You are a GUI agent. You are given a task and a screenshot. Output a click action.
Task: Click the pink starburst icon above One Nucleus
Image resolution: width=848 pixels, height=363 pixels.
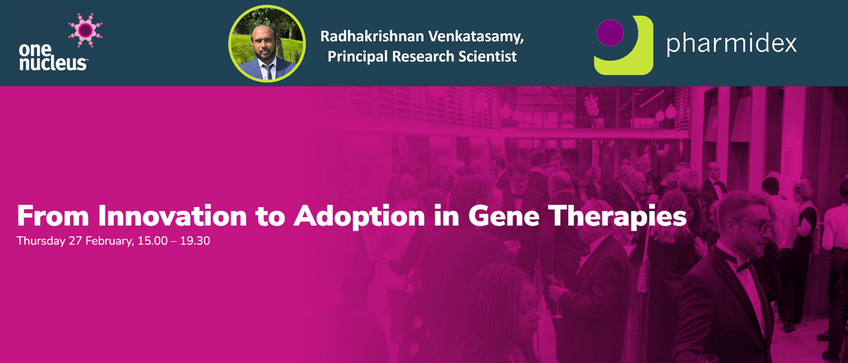tap(85, 30)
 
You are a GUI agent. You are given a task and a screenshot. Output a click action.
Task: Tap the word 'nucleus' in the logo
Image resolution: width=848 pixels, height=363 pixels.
tap(53, 63)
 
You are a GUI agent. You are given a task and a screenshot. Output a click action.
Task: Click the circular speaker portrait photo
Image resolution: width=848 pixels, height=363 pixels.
tap(267, 43)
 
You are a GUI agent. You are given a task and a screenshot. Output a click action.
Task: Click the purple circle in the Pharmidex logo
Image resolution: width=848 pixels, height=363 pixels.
tap(610, 33)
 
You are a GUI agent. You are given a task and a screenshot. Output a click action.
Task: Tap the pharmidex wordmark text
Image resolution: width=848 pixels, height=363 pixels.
tap(731, 44)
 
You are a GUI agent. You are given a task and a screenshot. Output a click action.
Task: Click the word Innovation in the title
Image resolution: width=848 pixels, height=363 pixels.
tap(172, 216)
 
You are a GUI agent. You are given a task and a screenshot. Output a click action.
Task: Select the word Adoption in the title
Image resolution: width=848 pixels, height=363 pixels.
tap(360, 217)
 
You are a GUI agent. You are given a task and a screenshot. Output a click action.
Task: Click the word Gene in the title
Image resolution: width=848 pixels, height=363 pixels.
tap(503, 216)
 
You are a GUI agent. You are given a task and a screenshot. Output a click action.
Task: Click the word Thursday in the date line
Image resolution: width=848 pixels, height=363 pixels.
tap(41, 241)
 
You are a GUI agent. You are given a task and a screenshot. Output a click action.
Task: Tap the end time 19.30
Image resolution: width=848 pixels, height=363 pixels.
tap(195, 241)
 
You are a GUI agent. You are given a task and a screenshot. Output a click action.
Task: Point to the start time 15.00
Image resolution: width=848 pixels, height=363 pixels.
tap(152, 241)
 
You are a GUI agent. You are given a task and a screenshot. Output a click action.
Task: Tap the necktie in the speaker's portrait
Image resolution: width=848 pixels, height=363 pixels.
tap(268, 71)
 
